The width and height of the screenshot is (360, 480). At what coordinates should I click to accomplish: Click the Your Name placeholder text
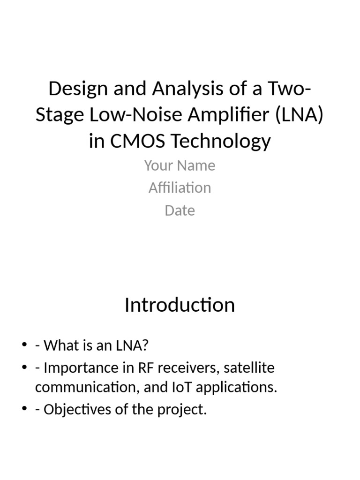(180, 165)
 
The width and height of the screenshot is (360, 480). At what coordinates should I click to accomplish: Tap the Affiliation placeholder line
(180, 188)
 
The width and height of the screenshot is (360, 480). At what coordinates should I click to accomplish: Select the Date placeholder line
(180, 210)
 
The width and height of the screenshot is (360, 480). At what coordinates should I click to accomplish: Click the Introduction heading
(180, 305)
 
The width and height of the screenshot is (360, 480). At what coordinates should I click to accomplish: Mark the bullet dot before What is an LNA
(25, 346)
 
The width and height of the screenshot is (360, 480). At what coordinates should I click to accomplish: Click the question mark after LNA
(145, 346)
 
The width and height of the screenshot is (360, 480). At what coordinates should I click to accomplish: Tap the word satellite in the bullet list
(249, 368)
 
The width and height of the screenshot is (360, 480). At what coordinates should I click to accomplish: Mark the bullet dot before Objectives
(25, 410)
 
